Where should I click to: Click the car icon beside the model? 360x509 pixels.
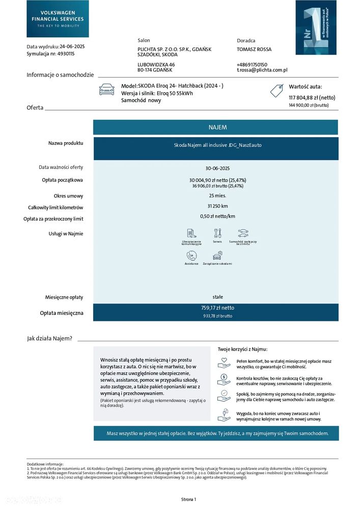coord(107,90)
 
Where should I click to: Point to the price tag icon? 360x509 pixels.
coord(276,91)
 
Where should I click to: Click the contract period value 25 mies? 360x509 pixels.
coord(217,196)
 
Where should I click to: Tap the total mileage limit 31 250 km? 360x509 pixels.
coord(217,206)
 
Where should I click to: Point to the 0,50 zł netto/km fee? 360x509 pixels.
coord(217,216)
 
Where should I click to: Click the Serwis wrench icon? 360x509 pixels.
coord(217,233)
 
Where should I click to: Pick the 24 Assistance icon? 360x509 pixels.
coord(191,256)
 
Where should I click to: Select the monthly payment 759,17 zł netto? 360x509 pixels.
coord(217,308)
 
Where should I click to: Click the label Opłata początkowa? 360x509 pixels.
coord(62,180)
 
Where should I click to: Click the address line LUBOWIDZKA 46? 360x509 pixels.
coord(156,64)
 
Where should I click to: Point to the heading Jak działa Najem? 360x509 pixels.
coord(49,338)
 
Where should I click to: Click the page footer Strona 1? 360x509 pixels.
coord(188,499)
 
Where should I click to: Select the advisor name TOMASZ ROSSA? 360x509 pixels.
coord(254,49)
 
